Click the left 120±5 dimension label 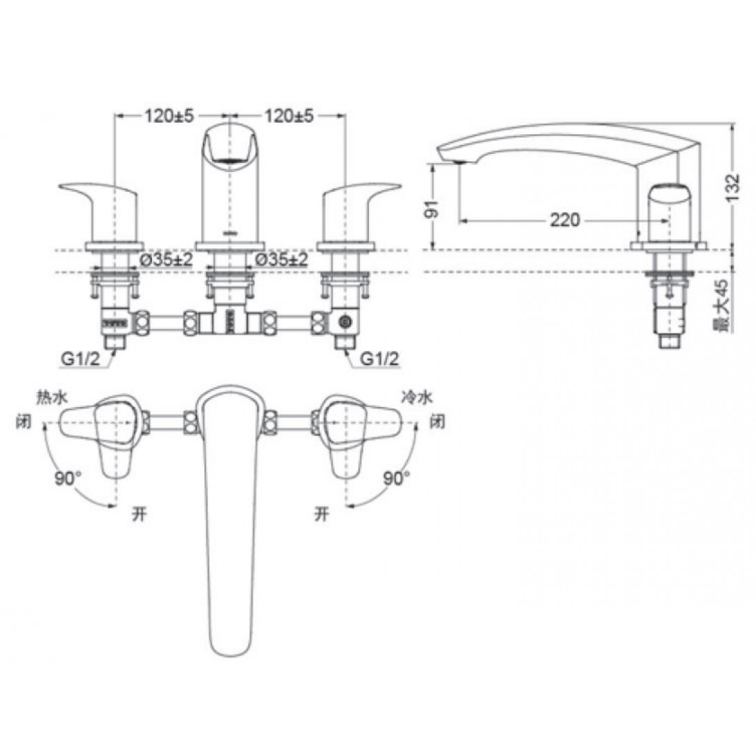click(169, 116)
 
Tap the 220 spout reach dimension click(565, 221)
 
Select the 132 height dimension click(732, 188)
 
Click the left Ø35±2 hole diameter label click(166, 260)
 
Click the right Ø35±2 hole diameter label click(281, 260)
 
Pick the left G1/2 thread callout click(80, 359)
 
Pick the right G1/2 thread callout click(380, 359)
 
